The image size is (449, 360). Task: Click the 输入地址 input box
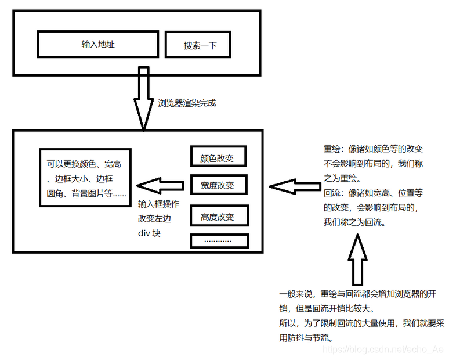(x=97, y=44)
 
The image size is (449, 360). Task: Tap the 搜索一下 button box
(x=199, y=45)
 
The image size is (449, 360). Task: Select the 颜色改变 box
(x=219, y=157)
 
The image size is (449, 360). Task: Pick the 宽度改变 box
(x=219, y=185)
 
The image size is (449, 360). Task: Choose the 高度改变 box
(x=219, y=217)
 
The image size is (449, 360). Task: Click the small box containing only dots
(x=219, y=240)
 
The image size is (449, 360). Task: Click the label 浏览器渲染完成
(x=187, y=103)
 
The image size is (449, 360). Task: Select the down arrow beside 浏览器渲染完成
(x=143, y=99)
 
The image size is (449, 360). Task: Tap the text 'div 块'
(x=149, y=233)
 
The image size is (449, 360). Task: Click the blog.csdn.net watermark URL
(x=382, y=350)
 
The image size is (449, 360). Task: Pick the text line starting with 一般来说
(x=357, y=294)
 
